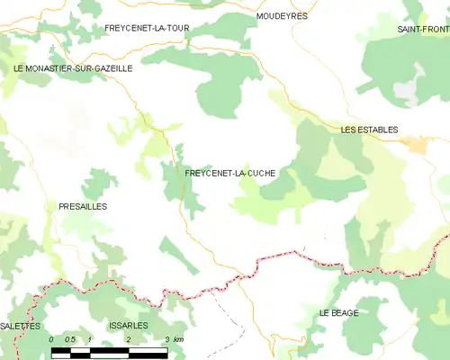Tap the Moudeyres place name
coord(281,16)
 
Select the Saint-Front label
coord(423,30)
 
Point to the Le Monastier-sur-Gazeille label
coord(73,67)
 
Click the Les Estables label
coord(369,130)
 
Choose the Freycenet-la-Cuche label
coord(229,172)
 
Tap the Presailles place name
coord(83,206)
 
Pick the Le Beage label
coord(338,312)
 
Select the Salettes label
coord(21,325)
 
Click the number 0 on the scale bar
coord(51,339)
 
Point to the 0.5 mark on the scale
coord(70,339)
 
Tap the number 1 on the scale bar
coord(90,339)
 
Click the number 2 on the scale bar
coord(129,339)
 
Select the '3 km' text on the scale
coord(174,339)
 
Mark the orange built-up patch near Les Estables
coord(415,143)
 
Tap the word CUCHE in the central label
coord(258,172)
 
